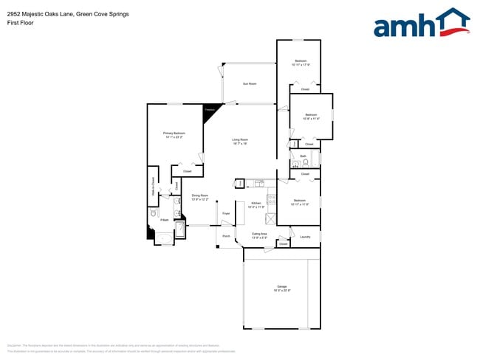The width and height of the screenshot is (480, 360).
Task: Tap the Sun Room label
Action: pyautogui.click(x=250, y=84)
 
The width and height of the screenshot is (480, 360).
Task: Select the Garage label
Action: pyautogui.click(x=281, y=287)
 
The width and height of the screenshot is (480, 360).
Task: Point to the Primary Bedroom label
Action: pyautogui.click(x=174, y=134)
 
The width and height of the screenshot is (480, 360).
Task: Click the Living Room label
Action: pyautogui.click(x=240, y=141)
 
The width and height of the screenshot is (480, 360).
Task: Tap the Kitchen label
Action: pyautogui.click(x=256, y=205)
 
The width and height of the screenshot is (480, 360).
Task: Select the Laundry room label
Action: pyautogui.click(x=305, y=237)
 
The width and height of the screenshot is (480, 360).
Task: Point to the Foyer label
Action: pyautogui.click(x=226, y=214)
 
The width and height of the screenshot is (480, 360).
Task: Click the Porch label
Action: pyautogui.click(x=226, y=237)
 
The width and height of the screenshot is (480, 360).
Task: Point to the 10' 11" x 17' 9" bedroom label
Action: pyautogui.click(x=301, y=63)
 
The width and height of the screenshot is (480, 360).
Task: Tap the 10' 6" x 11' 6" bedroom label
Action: pyautogui.click(x=311, y=117)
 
